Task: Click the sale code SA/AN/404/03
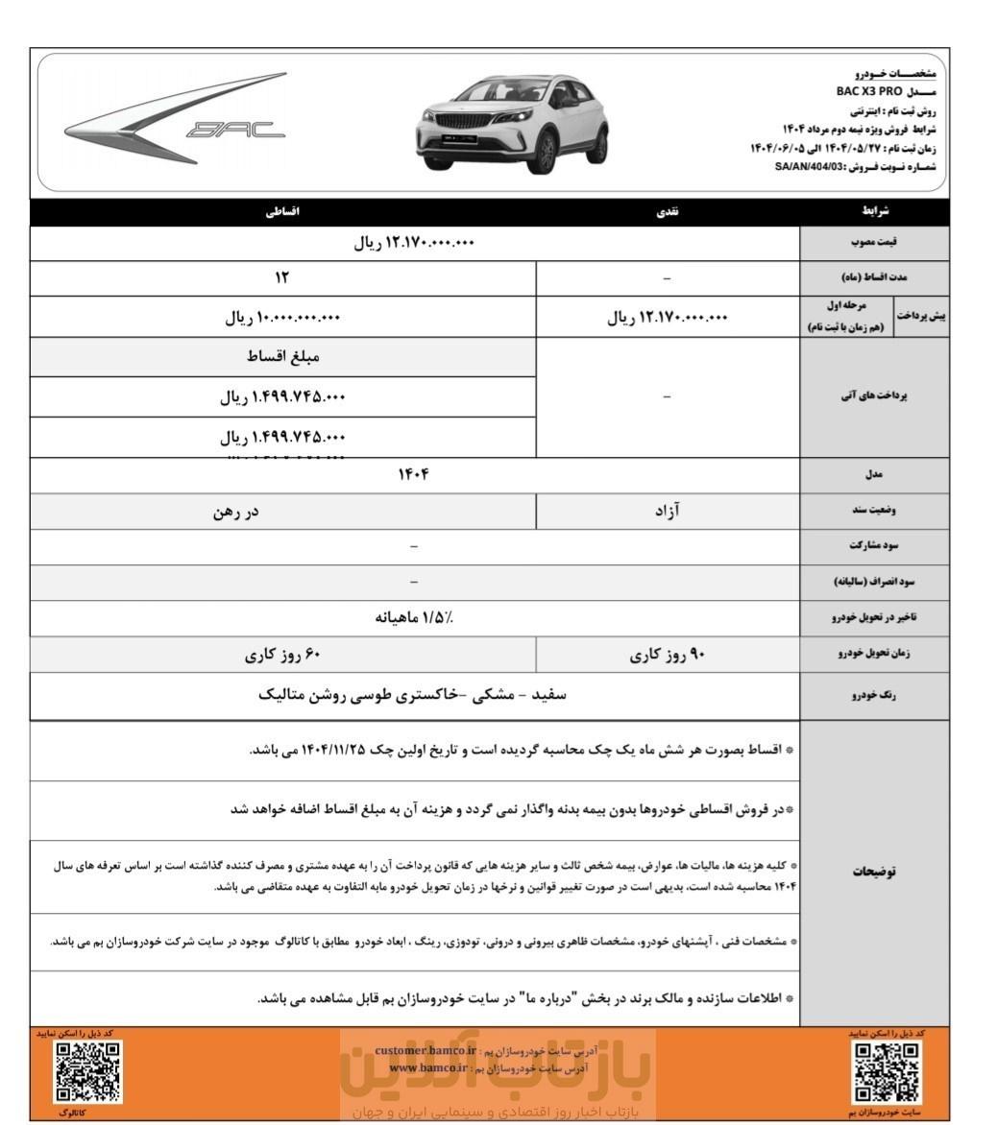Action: pos(815,166)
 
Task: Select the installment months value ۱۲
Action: pos(282,278)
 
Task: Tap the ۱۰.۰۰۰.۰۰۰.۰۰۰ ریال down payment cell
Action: pos(282,318)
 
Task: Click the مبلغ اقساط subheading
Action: pos(282,357)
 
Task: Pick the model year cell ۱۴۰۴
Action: pos(414,474)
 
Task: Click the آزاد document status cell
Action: pos(667,512)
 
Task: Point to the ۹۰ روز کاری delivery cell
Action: pos(667,657)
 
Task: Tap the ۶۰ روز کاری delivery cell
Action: pos(282,657)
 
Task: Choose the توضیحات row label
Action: pos(874,873)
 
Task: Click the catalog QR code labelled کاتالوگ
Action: pos(87,1071)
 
